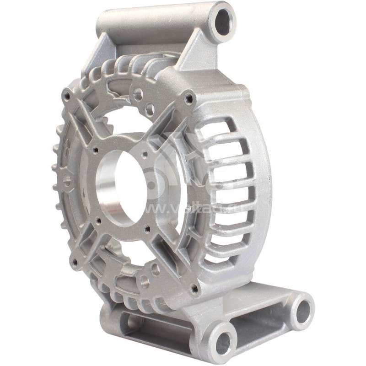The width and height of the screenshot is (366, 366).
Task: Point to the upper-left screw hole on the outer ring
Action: (x=67, y=97)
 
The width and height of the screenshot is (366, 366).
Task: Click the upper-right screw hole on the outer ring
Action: (x=188, y=97)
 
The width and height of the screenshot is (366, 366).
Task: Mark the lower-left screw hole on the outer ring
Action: (x=75, y=262)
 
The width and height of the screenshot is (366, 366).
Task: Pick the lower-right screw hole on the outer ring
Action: (x=194, y=288)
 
